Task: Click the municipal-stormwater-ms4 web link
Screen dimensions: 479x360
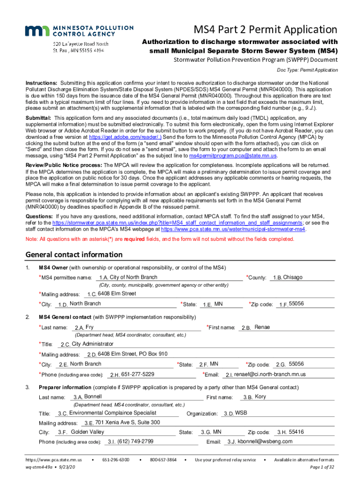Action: pyautogui.click(x=230, y=230)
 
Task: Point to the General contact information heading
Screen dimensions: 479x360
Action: pyautogui.click(x=74, y=255)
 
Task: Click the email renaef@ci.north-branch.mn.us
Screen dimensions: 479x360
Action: pyautogui.click(x=270, y=374)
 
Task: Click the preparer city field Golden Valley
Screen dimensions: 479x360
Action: pyautogui.click(x=87, y=432)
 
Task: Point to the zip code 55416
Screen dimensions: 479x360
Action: pyautogui.click(x=296, y=432)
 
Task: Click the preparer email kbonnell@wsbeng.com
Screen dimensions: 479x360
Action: pyautogui.click(x=265, y=442)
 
